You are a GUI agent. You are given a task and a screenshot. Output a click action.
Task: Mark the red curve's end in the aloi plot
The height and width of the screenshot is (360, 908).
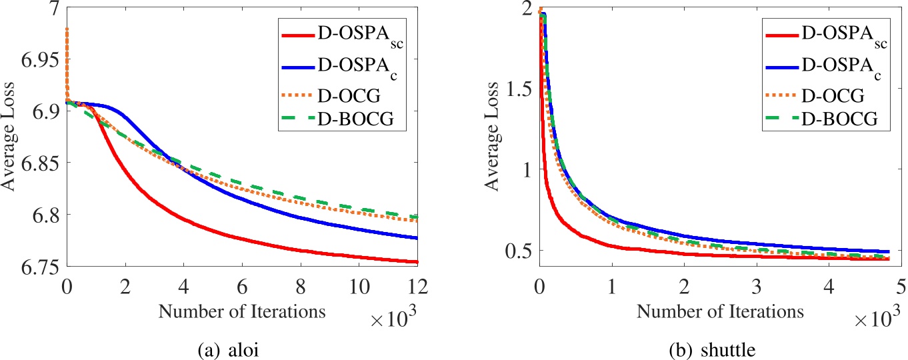point(417,262)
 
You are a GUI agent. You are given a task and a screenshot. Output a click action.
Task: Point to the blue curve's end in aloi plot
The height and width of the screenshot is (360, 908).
point(417,238)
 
